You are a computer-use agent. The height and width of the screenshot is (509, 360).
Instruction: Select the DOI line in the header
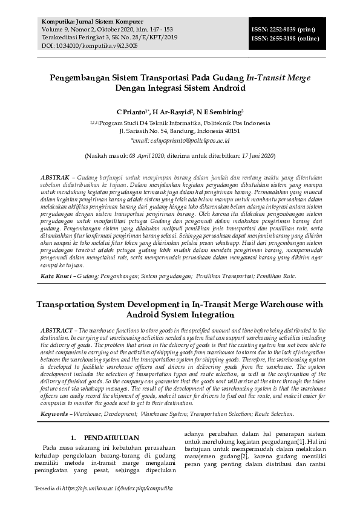pos(82,45)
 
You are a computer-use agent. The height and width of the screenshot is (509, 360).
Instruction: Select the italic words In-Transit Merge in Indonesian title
pos(280,78)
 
